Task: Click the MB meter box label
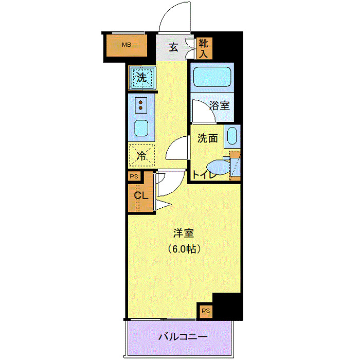pos(127,45)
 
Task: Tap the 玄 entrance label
pos(174,47)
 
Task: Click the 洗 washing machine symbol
pos(141,78)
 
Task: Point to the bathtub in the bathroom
pos(212,78)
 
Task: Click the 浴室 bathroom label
pos(220,106)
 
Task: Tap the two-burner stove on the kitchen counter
pos(141,105)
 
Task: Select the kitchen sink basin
pos(141,127)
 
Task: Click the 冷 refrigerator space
pos(141,156)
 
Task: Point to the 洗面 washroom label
pos(208,138)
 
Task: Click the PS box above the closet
pos(134,176)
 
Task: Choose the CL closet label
pos(141,196)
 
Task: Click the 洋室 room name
pos(183,233)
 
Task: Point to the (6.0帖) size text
pos(183,249)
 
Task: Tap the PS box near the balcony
pos(206,311)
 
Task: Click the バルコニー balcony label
pos(183,337)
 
